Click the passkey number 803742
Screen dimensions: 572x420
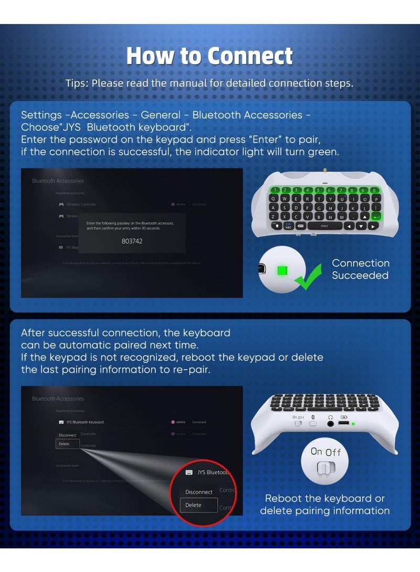131,241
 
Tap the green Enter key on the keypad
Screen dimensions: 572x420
376,216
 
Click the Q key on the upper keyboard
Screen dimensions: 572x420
285,199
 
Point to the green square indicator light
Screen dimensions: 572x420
283,271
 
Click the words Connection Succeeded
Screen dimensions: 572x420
360,269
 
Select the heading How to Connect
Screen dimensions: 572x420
209,56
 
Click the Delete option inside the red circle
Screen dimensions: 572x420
193,505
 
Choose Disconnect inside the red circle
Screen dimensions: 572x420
198,492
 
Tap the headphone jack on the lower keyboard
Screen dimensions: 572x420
331,423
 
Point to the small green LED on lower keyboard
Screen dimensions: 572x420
354,424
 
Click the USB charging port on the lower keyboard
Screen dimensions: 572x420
344,423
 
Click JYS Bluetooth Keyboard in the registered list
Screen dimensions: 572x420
85,422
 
